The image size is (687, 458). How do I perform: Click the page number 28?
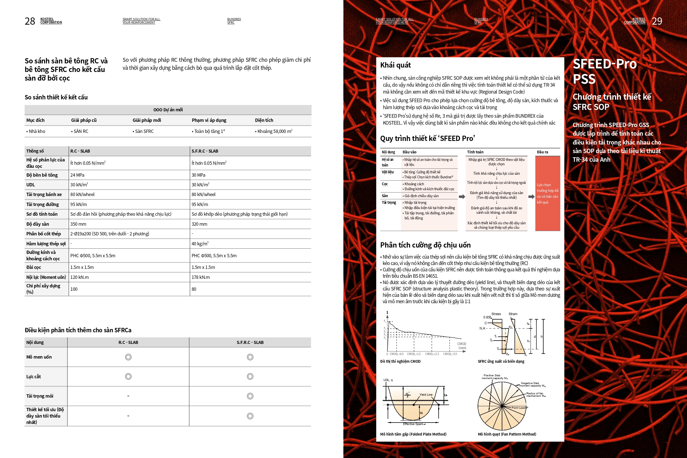pos(30,21)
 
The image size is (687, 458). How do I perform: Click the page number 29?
pos(657,21)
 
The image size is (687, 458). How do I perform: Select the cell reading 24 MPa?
pos(78,175)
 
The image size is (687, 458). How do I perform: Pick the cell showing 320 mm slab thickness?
pos(199,224)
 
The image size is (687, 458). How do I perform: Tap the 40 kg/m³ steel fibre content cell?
pos(200,244)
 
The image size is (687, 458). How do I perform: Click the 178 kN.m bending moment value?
pos(200,277)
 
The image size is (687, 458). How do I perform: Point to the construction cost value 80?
pos(194,289)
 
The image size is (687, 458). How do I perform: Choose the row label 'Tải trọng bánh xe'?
pos(44,195)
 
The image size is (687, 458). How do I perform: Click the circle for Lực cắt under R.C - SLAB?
pos(128,377)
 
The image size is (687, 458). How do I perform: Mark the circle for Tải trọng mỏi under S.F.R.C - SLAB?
pos(250,396)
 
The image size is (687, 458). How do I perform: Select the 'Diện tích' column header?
pos(264,120)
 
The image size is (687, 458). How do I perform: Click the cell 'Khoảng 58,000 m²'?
pos(275,132)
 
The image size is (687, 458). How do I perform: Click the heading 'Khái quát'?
pos(395,65)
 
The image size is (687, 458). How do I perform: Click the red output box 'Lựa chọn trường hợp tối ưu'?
pos(547,193)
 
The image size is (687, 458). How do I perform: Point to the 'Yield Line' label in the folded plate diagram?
pos(426,395)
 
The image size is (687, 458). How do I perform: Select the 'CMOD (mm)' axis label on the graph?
pos(462,346)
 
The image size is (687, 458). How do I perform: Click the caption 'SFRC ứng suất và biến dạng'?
pos(501,362)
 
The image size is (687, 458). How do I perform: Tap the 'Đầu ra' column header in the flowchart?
pos(542,152)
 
